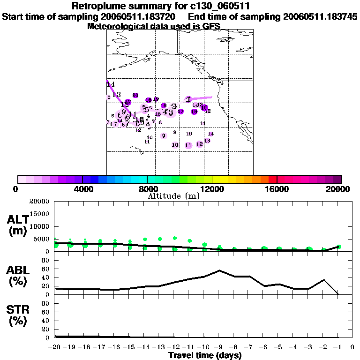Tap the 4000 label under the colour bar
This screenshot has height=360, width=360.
point(82,189)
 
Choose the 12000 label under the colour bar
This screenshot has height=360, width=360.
point(212,189)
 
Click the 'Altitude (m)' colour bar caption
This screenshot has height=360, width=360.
point(173,196)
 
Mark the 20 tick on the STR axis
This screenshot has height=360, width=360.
point(46,329)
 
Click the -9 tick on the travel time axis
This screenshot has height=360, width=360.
point(217,347)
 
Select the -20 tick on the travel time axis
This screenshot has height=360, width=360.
point(55,347)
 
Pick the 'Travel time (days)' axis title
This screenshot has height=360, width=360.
point(205,356)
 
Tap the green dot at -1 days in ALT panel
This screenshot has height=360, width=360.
point(338,247)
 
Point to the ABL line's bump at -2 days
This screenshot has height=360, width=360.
point(323,280)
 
